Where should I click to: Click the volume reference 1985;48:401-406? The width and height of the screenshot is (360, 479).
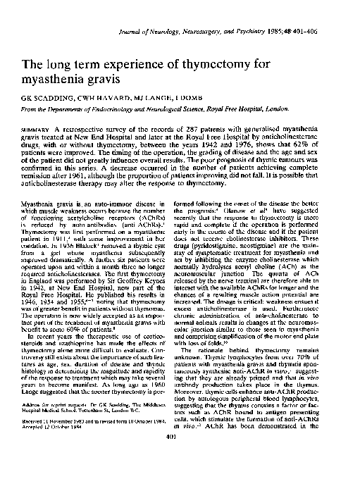[x=312, y=13]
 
